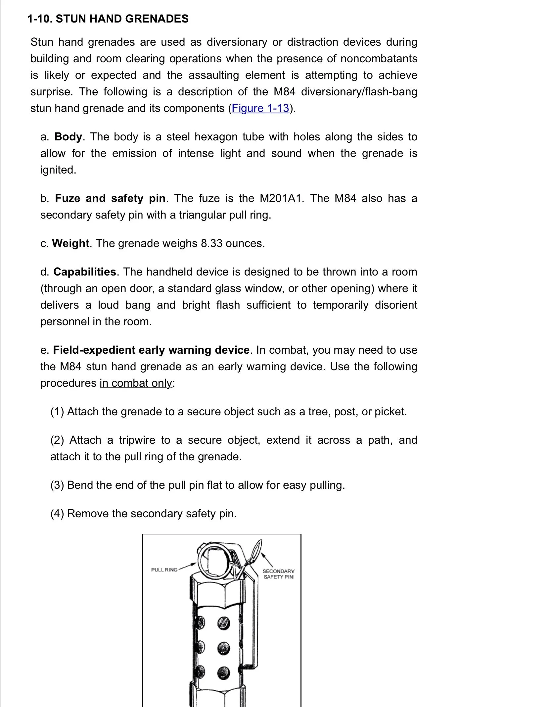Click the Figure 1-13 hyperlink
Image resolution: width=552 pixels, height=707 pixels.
pyautogui.click(x=260, y=108)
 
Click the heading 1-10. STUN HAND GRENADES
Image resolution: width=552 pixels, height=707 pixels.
pyautogui.click(x=108, y=19)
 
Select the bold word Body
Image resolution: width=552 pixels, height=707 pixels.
pyautogui.click(x=68, y=137)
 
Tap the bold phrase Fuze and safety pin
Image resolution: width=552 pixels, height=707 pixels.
pyautogui.click(x=110, y=198)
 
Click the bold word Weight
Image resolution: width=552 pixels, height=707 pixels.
pyautogui.click(x=71, y=243)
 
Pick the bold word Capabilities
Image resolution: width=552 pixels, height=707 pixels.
pyautogui.click(x=85, y=272)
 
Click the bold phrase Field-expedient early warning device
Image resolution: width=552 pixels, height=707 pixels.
pyautogui.click(x=151, y=350)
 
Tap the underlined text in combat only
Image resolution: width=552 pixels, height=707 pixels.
pyautogui.click(x=136, y=383)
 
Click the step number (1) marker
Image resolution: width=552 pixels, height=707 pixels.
pyautogui.click(x=57, y=412)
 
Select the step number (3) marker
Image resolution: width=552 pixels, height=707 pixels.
pyautogui.click(x=57, y=485)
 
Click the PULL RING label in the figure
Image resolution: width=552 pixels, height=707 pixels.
pyautogui.click(x=164, y=570)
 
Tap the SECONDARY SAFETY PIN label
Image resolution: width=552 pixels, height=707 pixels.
pyautogui.click(x=278, y=574)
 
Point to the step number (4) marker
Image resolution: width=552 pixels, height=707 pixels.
pyautogui.click(x=57, y=514)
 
